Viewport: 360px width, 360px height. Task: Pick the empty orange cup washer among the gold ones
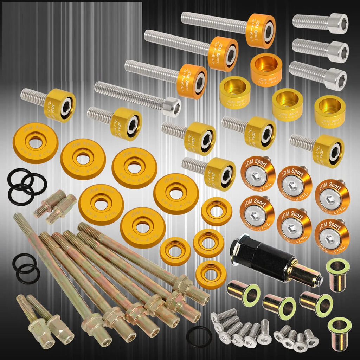tap(266, 69)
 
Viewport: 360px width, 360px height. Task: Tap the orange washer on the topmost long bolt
tap(261, 31)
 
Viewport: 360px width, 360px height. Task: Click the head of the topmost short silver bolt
tap(338, 24)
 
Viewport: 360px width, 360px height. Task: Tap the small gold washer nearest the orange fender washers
tap(216, 212)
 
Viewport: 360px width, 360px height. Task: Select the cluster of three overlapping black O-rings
tap(25, 186)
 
